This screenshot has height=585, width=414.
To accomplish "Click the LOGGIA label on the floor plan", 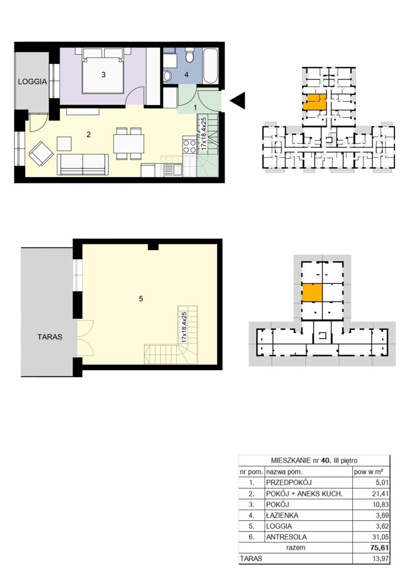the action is point(33,81).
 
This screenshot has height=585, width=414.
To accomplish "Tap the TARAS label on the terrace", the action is point(50,337).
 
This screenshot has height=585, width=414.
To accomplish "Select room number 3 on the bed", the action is point(103,75).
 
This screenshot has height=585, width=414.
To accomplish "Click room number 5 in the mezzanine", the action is point(141,298).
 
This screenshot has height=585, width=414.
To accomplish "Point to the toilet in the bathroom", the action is point(190,55).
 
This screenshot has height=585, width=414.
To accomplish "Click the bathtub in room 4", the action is point(211,66).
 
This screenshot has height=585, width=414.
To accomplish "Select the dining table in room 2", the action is point(129,143).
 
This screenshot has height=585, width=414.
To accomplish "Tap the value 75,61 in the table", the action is point(379,548).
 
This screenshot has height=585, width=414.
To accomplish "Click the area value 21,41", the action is point(382,494).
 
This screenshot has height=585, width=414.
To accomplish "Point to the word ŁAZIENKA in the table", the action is point(282,515).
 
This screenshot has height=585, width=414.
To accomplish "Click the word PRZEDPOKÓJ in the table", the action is point(289,482).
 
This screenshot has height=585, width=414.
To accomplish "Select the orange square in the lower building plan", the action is point(312,292).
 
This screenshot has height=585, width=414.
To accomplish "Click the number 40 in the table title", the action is point(325,460).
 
